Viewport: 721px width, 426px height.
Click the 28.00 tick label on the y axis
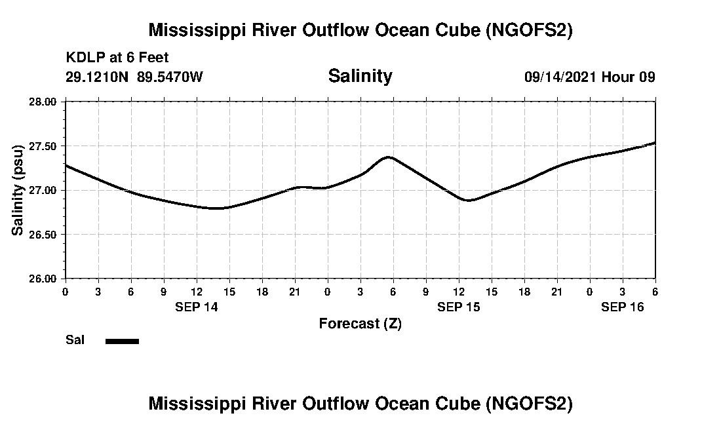[x=43, y=102]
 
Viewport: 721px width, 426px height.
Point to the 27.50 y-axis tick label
[x=43, y=146]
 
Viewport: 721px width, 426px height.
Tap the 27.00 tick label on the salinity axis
[x=43, y=190]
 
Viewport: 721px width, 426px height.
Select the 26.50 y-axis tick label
[x=43, y=235]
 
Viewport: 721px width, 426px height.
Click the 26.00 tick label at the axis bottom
[x=43, y=279]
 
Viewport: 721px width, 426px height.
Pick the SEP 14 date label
[x=197, y=307]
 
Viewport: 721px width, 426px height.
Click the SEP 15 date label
[x=459, y=307]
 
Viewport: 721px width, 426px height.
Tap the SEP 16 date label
[x=623, y=307]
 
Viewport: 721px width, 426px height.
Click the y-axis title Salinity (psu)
[x=18, y=190]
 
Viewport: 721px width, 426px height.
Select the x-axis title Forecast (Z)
[x=360, y=324]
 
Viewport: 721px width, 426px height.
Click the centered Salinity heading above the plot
[x=360, y=76]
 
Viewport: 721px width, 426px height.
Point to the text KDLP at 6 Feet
[x=117, y=58]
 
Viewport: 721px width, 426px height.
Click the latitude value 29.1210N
[x=98, y=77]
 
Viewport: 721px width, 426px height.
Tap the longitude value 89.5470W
[x=170, y=77]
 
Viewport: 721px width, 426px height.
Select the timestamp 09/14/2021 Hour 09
[x=589, y=77]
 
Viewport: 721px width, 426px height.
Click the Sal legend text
[x=75, y=340]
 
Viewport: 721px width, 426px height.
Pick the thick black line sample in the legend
[x=122, y=341]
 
